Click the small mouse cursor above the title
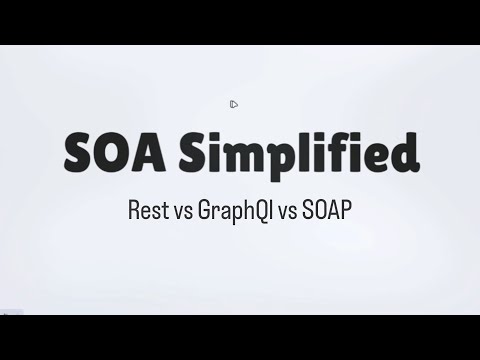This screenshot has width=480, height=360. [233, 104]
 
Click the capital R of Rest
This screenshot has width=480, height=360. [135, 211]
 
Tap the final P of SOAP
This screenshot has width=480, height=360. [344, 211]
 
